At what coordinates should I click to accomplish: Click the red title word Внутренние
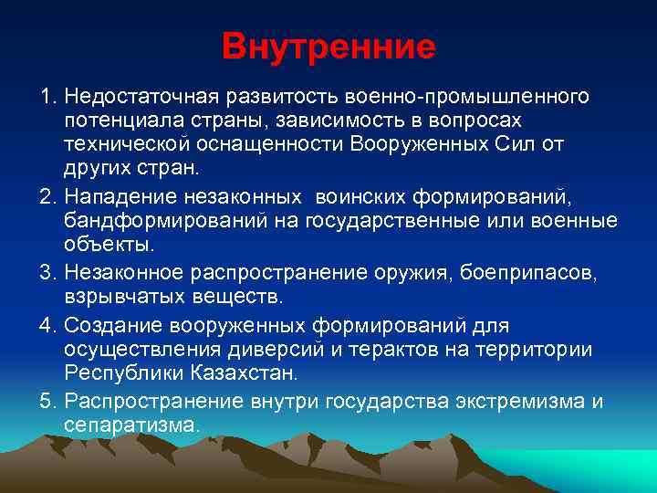(x=328, y=47)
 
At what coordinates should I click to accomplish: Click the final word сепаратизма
(x=131, y=425)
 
